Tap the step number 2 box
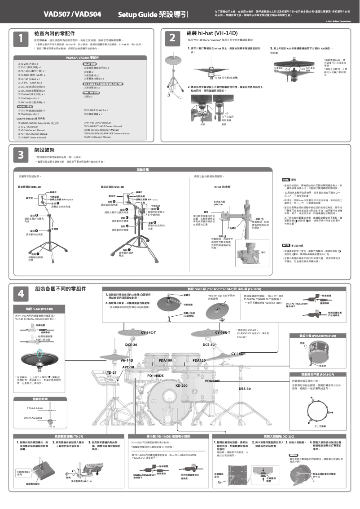pyautogui.click(x=172, y=39)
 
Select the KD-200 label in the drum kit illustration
pyautogui.click(x=181, y=385)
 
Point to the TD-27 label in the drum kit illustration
pyautogui.click(x=112, y=372)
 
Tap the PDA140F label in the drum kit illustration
pyautogui.click(x=212, y=381)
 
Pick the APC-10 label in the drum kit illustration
pyautogui.click(x=128, y=367)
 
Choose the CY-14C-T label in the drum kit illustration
pyautogui.click(x=148, y=332)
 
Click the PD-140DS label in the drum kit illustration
pyautogui.click(x=156, y=375)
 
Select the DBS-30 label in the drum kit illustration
pyautogui.click(x=245, y=388)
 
